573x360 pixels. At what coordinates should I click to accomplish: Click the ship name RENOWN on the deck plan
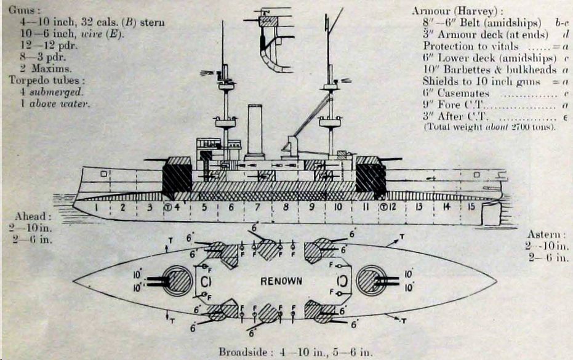[x=282, y=281]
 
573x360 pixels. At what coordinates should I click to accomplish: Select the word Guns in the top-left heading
[x=21, y=10]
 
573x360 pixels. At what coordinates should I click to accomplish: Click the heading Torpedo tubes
[x=47, y=80]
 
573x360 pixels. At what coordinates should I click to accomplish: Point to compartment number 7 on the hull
[x=258, y=207]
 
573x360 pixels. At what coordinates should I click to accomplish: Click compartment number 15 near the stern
[x=471, y=207]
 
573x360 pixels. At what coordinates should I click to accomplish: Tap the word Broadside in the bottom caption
[x=242, y=352]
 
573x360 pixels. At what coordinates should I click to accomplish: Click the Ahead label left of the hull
[x=29, y=217]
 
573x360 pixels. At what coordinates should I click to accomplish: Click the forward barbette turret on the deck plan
[x=177, y=281]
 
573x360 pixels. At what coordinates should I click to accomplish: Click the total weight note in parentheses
[x=489, y=127]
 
